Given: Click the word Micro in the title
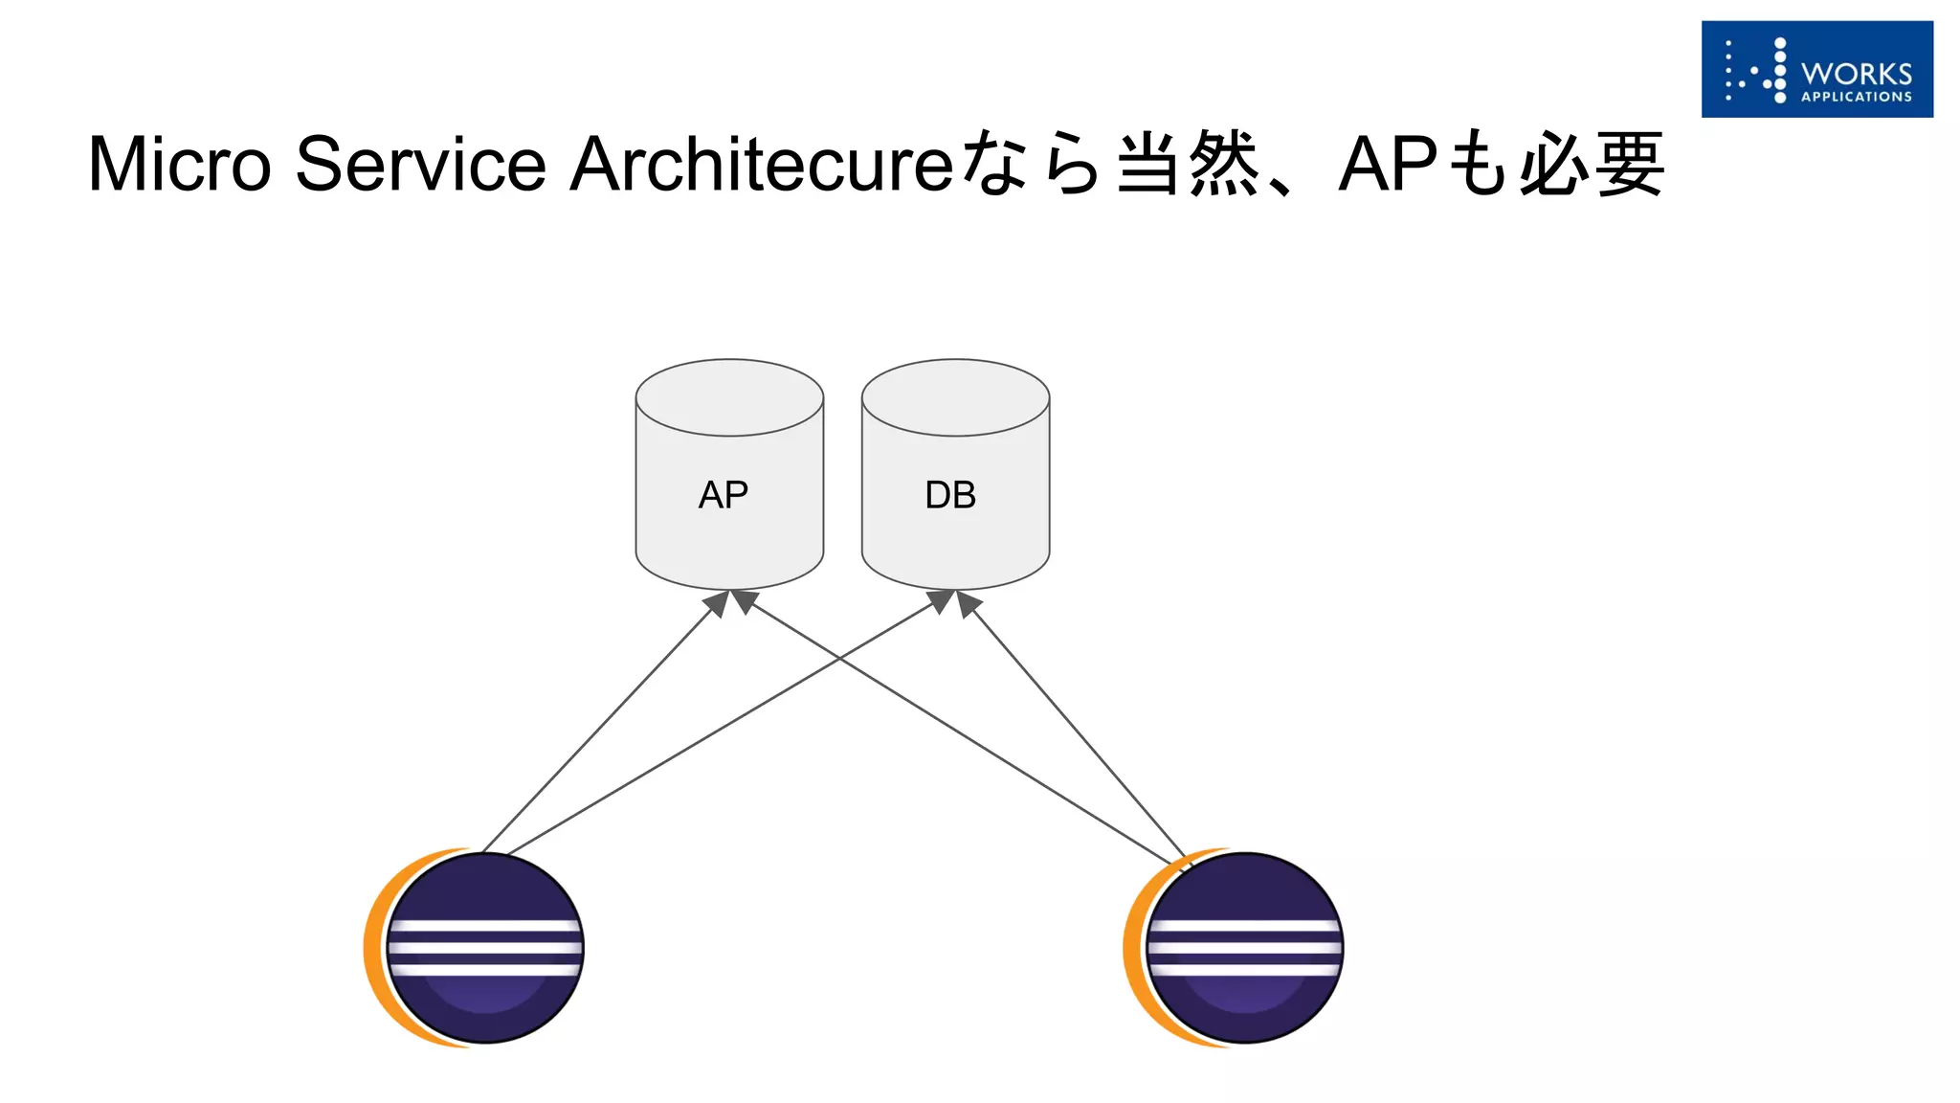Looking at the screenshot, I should point(180,164).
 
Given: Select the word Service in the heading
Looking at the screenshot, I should point(421,164).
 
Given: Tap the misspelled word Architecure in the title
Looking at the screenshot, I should point(762,164).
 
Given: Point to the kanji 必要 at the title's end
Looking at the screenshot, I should point(1592,164).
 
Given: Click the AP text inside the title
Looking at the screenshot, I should point(1388,164).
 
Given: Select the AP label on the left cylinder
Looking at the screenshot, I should point(724,495).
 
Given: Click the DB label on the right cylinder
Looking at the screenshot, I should point(950,495).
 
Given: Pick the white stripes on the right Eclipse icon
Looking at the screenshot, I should point(1244,947).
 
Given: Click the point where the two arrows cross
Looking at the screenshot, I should point(839,658).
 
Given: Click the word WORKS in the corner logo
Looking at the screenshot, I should point(1856,74).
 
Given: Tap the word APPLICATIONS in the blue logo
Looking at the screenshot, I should point(1856,97).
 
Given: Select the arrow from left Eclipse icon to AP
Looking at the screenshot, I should point(598,728).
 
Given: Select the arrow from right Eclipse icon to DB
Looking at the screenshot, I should point(1077,728).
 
